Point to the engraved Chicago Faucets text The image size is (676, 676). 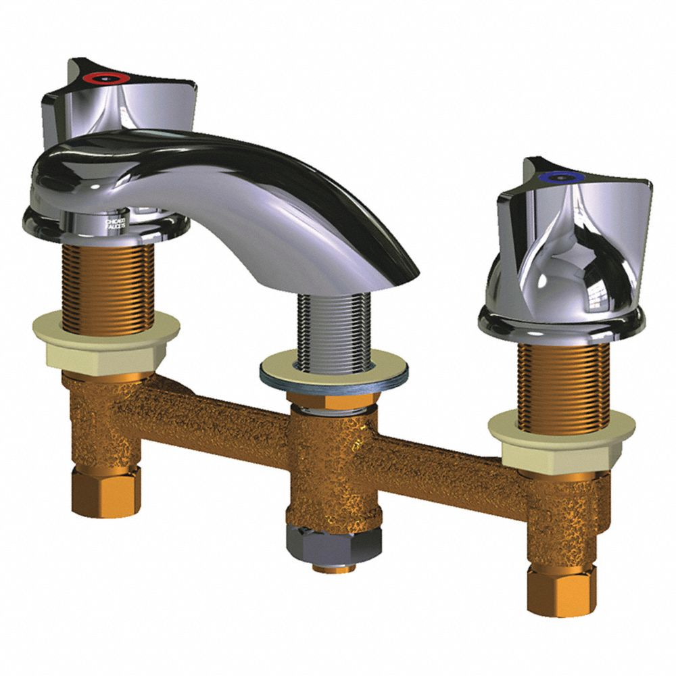115,224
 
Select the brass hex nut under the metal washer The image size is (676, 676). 335,401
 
